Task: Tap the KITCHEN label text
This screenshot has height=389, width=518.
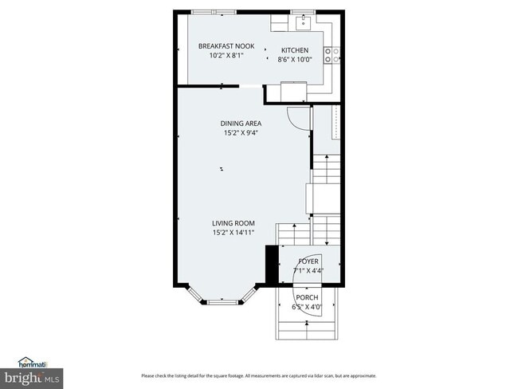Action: click(293, 50)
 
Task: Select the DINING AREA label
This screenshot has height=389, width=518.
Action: click(241, 124)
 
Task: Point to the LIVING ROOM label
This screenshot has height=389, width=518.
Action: click(233, 223)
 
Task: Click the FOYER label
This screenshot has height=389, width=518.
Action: click(308, 261)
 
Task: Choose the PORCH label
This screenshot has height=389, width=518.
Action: click(308, 297)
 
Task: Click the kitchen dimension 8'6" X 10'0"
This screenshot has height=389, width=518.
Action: click(293, 59)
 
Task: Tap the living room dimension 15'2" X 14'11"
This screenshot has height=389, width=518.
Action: click(233, 233)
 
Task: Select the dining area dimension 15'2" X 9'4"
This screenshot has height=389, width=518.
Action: click(241, 133)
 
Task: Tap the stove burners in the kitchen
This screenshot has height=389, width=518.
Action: click(336, 55)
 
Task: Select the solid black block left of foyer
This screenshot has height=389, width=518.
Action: click(270, 264)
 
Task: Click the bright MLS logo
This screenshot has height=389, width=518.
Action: click(32, 376)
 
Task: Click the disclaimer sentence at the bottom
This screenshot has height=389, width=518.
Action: click(258, 375)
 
